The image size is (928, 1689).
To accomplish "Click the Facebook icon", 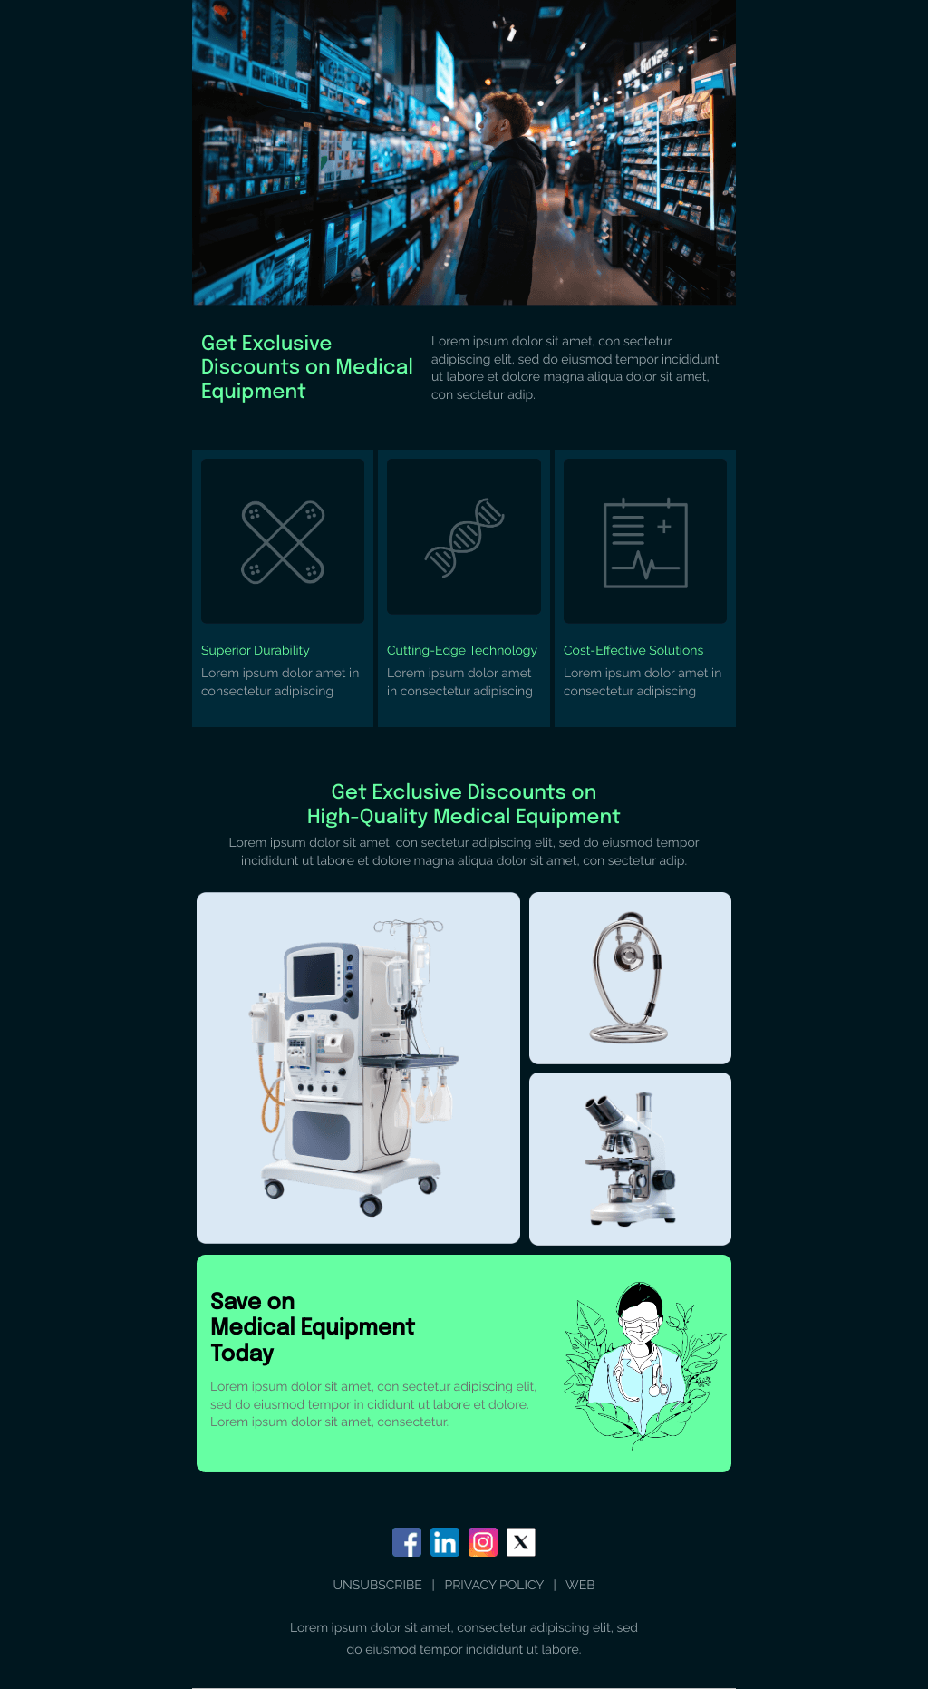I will click(407, 1541).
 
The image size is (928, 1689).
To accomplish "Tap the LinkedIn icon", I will click(445, 1541).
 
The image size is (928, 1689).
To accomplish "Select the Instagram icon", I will click(483, 1541).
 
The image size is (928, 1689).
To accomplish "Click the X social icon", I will click(521, 1541).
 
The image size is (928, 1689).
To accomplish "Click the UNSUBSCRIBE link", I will click(377, 1585).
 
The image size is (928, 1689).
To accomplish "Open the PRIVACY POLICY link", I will click(494, 1585).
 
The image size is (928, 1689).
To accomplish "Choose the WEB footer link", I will click(580, 1585).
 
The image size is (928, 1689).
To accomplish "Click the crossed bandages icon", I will click(283, 542).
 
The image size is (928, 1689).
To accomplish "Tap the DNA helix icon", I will click(465, 537).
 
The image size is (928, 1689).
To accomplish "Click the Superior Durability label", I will click(256, 650).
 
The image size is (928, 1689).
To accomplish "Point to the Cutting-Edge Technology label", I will click(462, 650).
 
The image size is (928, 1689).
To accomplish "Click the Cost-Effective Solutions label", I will click(633, 650).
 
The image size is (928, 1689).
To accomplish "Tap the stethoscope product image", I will click(630, 977).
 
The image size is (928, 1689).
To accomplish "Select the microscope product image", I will click(631, 1159).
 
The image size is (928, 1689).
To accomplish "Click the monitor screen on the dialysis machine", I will click(314, 976).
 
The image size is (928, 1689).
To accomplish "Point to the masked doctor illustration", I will click(642, 1360).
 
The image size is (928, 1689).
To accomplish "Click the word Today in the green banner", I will click(242, 1353).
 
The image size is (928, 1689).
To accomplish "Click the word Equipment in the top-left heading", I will click(253, 392).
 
